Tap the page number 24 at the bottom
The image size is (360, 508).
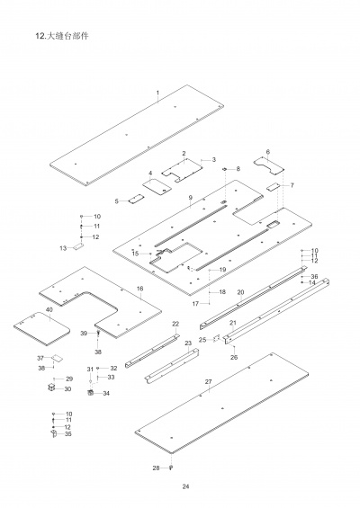185,486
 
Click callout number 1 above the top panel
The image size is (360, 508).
157,94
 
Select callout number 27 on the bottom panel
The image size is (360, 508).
208,382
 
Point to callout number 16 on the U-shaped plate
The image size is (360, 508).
139,289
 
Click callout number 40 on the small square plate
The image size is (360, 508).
49,309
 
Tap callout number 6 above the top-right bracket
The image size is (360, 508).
267,152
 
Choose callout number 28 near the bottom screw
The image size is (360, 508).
155,468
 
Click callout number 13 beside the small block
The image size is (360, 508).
63,247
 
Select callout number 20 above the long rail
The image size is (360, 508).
240,292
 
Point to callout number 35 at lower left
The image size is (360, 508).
68,434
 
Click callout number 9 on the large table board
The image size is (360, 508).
191,197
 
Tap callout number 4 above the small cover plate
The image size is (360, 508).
150,172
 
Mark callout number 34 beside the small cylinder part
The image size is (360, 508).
106,393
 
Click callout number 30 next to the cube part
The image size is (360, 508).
67,389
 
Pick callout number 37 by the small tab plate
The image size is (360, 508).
40,358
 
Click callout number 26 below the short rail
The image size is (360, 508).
234,357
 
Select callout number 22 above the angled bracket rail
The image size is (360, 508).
175,324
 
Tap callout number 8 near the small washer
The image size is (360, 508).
238,169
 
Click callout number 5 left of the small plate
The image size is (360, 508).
117,201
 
